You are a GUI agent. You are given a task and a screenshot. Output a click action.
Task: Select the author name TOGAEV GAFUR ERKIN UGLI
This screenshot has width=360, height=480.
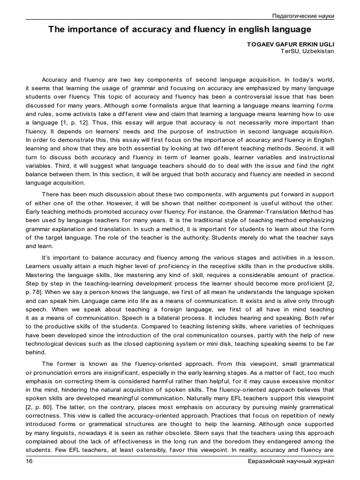[x=290, y=44]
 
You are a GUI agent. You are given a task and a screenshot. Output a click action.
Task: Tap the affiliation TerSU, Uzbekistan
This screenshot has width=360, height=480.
[x=307, y=51]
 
